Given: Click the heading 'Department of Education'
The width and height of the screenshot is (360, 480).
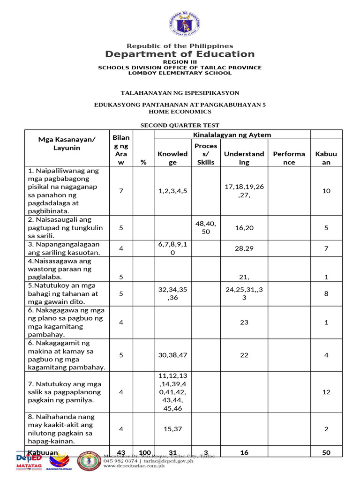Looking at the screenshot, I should tap(180, 54).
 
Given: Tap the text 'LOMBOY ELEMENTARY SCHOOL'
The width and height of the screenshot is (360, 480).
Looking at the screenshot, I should tap(180, 73).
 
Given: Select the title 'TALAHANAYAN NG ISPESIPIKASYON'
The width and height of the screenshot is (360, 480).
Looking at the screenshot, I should tap(180, 93).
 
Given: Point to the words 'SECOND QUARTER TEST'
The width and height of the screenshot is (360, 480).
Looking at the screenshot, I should tap(180, 125).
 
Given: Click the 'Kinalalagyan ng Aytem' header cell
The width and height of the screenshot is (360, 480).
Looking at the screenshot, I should tap(232, 135).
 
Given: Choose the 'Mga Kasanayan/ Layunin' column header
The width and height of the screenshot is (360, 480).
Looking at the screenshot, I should tap(66, 143).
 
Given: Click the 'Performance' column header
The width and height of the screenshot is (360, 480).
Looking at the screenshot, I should tap(289, 158).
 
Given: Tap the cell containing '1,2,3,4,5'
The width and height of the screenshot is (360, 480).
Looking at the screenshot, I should tap(172, 191).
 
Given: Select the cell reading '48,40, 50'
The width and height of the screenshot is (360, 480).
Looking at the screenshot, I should tap(206, 228).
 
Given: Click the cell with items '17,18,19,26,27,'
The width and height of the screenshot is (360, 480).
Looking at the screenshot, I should tap(244, 191).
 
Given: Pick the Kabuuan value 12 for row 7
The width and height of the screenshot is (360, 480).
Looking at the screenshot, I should tap(326, 392).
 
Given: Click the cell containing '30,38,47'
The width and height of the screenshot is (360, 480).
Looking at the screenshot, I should tap(172, 355).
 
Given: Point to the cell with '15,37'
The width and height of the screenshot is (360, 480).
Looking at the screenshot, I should tap(172, 428).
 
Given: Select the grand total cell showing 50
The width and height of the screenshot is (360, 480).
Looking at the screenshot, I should tap(326, 452).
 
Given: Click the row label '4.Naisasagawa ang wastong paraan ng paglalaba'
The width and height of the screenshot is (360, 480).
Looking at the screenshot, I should tap(66, 269).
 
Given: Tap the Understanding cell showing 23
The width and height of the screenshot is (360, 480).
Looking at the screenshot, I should tap(244, 322).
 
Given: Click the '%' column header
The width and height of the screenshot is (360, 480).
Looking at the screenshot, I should tap(143, 162).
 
